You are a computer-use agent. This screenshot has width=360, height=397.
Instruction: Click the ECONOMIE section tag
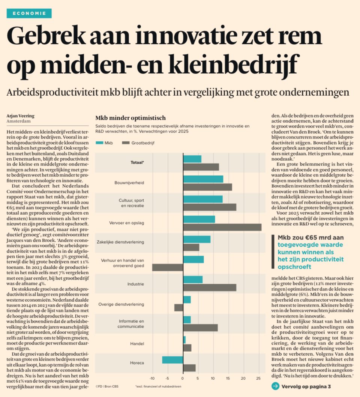pyautogui.click(x=29, y=14)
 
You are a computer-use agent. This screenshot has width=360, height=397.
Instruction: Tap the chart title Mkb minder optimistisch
pyautogui.click(x=130, y=118)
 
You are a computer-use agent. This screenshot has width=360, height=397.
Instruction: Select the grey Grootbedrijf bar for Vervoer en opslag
pyautogui.click(x=222, y=227)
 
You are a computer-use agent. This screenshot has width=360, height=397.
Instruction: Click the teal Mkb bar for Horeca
pyautogui.click(x=172, y=359)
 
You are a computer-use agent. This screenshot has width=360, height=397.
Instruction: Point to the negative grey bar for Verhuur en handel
pyautogui.click(x=168, y=267)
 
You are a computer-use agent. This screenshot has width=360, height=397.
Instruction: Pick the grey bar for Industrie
pyautogui.click(x=210, y=287)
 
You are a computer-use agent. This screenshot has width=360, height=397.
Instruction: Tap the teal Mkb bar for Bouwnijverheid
pyautogui.click(x=203, y=179)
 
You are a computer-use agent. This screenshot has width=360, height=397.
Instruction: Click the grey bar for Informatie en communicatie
pyautogui.click(x=200, y=328)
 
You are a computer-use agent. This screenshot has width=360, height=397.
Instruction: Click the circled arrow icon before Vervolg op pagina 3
pyautogui.click(x=275, y=386)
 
